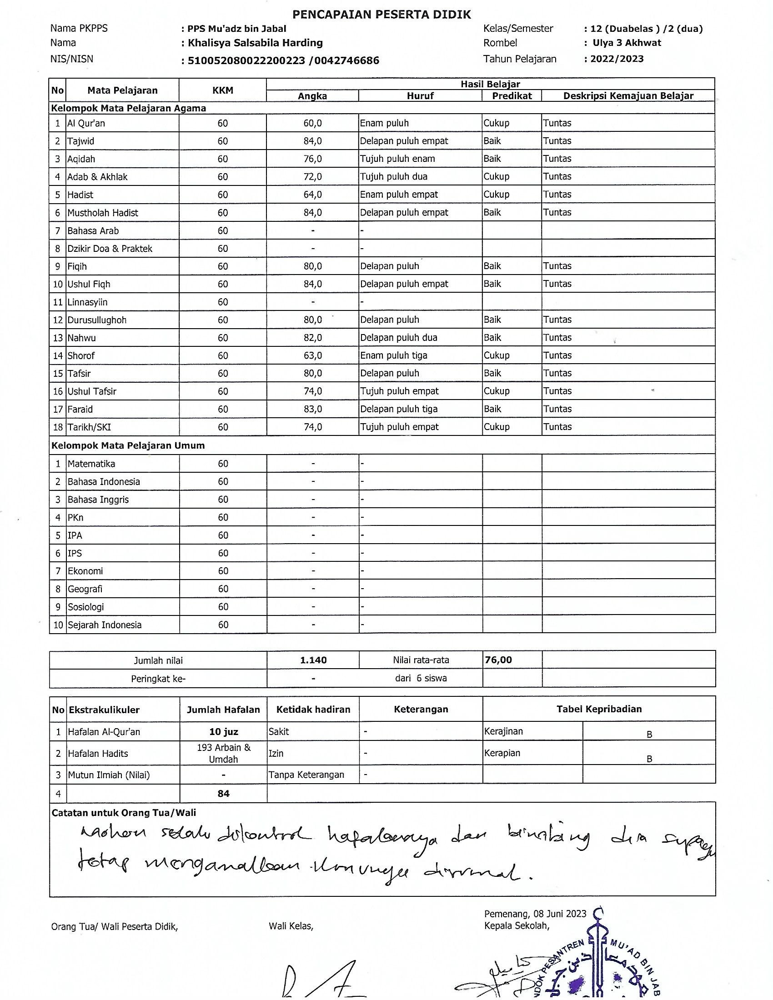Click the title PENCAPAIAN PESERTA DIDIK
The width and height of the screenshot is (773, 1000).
[381, 15]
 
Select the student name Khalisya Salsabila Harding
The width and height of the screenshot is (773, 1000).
[255, 43]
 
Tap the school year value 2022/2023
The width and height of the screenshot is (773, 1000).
[617, 59]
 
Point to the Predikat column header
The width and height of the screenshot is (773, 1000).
[512, 96]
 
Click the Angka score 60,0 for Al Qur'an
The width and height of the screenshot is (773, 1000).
[313, 123]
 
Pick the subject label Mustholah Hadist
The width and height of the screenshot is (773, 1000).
[103, 213]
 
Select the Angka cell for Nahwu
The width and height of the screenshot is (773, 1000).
[313, 338]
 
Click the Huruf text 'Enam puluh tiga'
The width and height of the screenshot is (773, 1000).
[393, 356]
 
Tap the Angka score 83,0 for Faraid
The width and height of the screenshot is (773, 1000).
[313, 410]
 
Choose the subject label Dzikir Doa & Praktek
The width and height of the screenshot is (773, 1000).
[110, 249]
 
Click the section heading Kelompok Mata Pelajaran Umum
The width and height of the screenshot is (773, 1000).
[128, 445]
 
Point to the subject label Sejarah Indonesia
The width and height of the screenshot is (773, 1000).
[105, 625]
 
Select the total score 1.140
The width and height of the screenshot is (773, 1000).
[313, 660]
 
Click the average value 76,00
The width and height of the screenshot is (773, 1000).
[498, 660]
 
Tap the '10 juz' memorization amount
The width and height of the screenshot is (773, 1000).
[223, 732]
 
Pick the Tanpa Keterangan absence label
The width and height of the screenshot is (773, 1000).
[306, 775]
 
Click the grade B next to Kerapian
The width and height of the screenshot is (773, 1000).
[649, 759]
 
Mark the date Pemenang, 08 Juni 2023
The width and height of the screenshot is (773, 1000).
[535, 914]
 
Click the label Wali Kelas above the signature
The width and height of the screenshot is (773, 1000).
[291, 926]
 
